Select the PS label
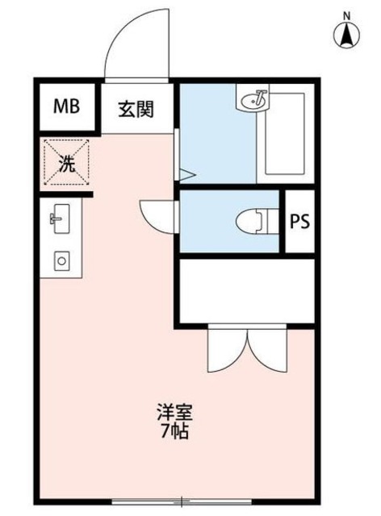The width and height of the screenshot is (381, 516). pyautogui.click(x=300, y=221)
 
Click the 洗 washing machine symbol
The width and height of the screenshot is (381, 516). pyautogui.click(x=67, y=164)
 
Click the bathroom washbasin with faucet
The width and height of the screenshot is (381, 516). pyautogui.click(x=256, y=101)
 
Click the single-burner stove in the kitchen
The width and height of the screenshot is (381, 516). pyautogui.click(x=61, y=260)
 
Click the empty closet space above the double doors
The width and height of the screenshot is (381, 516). pyautogui.click(x=245, y=290)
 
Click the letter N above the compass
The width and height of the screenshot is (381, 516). pyautogui.click(x=346, y=15)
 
